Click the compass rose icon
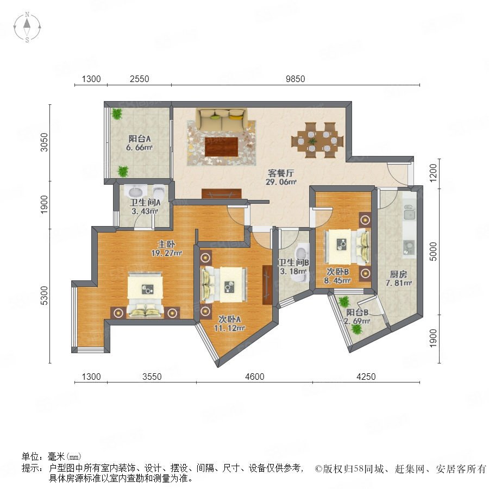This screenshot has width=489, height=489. click(27, 27)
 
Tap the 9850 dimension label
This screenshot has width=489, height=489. click(296, 79)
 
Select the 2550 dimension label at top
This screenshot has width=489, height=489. click(140, 79)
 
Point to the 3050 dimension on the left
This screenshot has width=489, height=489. click(45, 142)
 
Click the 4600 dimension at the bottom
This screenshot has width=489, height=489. click(254, 377)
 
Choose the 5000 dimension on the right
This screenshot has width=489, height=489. click(433, 252)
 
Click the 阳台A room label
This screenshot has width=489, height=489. click(140, 139)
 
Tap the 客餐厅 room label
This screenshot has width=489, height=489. click(281, 173)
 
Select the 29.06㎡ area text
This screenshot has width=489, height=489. click(281, 182)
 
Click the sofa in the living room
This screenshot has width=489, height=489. click(222, 120)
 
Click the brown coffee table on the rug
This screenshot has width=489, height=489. click(222, 147)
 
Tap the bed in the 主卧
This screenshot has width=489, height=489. click(145, 294)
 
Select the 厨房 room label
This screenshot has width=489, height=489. click(398, 274)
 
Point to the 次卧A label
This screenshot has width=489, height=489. click(229, 319)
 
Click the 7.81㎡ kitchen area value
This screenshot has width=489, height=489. click(399, 283)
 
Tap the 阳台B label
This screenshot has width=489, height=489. click(358, 312)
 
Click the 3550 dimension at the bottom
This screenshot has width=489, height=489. click(152, 377)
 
